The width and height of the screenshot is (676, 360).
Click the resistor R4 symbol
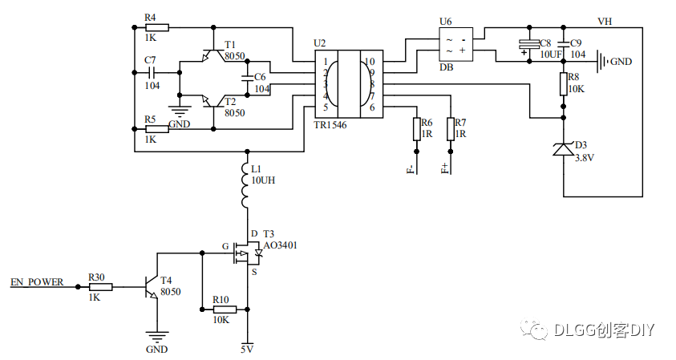(156, 27)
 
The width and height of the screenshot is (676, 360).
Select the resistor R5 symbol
(156, 128)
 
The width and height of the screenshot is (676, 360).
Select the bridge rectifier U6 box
(455, 45)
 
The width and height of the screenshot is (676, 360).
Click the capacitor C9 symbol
(564, 43)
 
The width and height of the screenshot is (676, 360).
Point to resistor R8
(564, 83)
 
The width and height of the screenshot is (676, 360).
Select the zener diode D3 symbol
(564, 148)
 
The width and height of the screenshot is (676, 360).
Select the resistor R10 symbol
(224, 309)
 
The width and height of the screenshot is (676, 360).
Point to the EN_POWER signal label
(36, 282)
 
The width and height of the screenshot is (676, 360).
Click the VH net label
(606, 20)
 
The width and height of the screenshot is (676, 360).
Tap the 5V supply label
(247, 349)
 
